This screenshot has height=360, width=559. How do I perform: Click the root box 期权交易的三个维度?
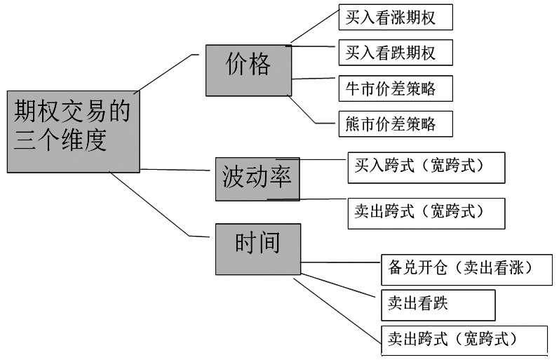click(73, 131)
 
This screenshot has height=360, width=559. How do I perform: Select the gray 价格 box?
click(248, 69)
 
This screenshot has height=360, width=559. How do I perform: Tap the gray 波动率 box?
click(257, 179)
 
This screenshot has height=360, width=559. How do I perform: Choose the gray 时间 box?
click(257, 248)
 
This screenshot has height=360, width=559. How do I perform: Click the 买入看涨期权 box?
click(395, 18)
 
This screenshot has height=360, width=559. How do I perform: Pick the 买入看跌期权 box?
click(395, 53)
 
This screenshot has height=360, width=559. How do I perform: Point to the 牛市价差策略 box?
click(395, 88)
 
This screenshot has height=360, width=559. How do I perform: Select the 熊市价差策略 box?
click(395, 124)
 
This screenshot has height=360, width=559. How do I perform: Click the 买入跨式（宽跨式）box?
click(426, 168)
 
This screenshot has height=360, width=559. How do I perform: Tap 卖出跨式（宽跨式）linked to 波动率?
click(426, 213)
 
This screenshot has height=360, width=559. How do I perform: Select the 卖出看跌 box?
click(438, 304)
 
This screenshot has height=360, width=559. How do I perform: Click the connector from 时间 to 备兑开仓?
click(340, 264)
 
